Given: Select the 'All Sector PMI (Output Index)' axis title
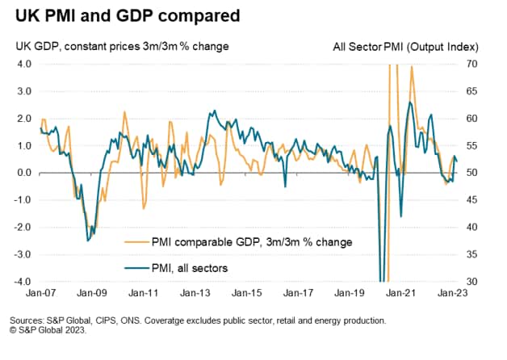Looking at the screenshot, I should [x=404, y=47].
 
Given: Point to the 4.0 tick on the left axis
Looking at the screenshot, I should [x=23, y=64].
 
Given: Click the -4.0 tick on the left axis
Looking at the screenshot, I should [x=21, y=283].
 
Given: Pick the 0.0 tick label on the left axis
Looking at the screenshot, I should [x=23, y=173].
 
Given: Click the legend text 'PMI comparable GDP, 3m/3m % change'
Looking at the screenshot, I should [x=252, y=241].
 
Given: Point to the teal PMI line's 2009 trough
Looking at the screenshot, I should [x=88, y=240].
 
